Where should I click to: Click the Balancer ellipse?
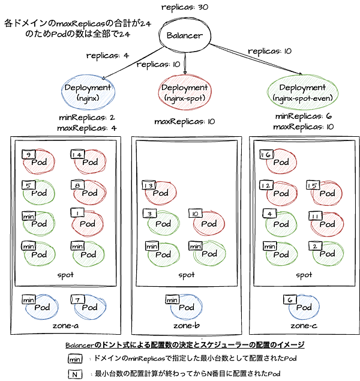(185, 35)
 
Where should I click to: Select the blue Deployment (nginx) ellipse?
(89, 92)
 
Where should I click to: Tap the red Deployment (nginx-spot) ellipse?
(184, 92)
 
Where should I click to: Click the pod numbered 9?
(38, 162)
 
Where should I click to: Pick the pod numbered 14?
(88, 162)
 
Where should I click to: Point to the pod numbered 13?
(160, 193)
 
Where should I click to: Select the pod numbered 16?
(280, 162)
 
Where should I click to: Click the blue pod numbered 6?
(304, 307)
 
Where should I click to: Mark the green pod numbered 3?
(160, 223)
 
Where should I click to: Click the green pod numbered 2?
(328, 254)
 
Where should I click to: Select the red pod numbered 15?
(328, 193)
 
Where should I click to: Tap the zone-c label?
(304, 326)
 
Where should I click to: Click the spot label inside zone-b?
(186, 275)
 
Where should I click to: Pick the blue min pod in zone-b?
(185, 307)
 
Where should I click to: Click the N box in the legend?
(75, 374)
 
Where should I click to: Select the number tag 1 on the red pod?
(76, 212)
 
